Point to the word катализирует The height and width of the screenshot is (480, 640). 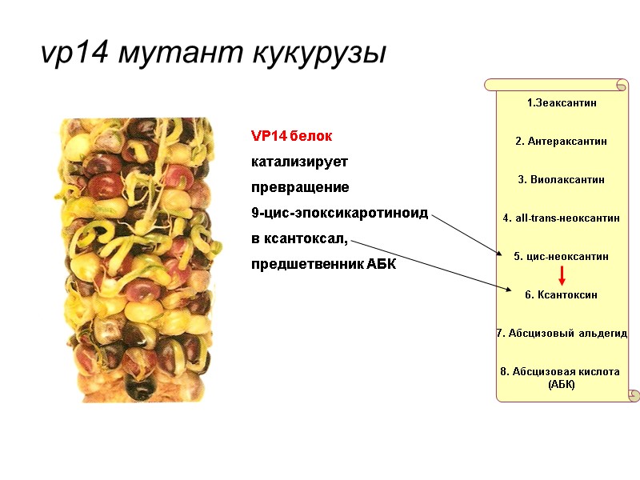[300, 162]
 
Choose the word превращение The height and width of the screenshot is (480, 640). [300, 187]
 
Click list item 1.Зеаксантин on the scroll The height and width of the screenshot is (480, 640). [562, 102]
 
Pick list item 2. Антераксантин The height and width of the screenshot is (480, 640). [562, 141]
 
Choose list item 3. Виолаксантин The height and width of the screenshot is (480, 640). [562, 179]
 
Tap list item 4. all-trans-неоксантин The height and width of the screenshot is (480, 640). [562, 218]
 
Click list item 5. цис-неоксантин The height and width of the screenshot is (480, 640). [562, 256]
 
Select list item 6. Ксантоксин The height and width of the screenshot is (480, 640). [562, 294]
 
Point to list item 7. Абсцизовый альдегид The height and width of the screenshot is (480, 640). [562, 333]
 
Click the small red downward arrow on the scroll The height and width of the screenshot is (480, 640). [562, 276]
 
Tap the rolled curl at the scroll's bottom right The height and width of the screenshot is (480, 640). [633, 395]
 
